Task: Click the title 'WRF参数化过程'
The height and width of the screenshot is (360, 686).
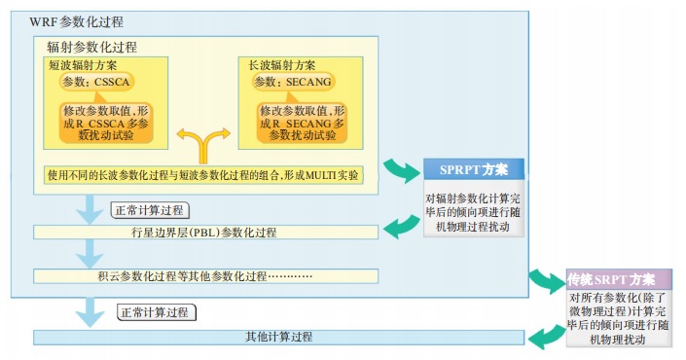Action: [x=76, y=21]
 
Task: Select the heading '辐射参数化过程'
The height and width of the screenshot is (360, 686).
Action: [x=91, y=47]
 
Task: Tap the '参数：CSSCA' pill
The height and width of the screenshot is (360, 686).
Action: [x=96, y=82]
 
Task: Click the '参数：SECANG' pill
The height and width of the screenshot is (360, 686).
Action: [x=293, y=82]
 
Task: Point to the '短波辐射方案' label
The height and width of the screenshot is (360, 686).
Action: [x=83, y=65]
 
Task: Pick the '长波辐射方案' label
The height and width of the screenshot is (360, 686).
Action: [x=282, y=65]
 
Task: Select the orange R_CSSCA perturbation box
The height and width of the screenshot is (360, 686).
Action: [x=106, y=123]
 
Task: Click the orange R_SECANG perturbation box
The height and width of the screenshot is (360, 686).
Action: [x=302, y=123]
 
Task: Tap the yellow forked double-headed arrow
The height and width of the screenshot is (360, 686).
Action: [x=203, y=142]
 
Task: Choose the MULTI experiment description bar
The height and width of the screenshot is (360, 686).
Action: [x=203, y=175]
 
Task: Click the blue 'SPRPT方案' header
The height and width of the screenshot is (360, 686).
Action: [x=474, y=169]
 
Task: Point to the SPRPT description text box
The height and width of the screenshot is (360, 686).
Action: [x=474, y=212]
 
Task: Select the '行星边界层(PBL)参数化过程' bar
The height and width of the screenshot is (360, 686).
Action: [x=205, y=233]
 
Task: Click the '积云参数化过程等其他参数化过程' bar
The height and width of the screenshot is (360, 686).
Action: [x=205, y=276]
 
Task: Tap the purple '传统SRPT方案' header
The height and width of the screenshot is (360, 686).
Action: [x=619, y=279]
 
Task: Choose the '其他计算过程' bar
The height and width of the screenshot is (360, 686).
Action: [x=278, y=337]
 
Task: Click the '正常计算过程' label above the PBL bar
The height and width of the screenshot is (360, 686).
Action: [x=150, y=210]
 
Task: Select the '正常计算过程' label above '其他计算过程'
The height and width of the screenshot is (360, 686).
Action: [x=157, y=312]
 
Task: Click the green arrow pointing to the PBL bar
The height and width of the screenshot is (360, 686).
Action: [x=402, y=226]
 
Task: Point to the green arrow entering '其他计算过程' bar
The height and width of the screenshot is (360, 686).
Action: [x=547, y=337]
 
